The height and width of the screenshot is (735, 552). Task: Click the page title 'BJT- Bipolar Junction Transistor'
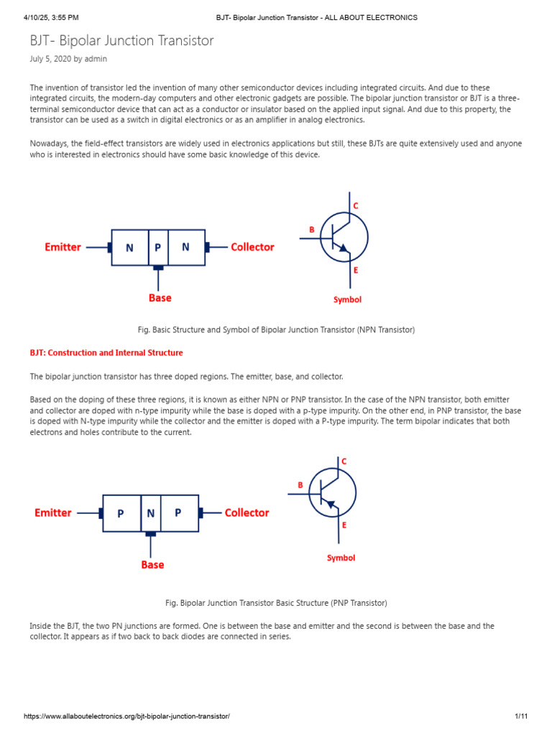click(x=121, y=41)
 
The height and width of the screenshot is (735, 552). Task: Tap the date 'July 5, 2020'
click(x=50, y=59)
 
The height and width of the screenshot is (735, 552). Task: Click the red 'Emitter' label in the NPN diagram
click(x=63, y=247)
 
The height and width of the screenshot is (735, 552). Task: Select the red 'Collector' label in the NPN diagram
click(x=252, y=247)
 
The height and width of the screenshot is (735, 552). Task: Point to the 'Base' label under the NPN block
click(x=160, y=297)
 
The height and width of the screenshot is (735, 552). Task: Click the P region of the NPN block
click(x=157, y=248)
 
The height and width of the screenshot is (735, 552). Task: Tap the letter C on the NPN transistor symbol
click(x=355, y=206)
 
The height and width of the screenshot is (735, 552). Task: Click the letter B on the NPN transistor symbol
click(x=312, y=230)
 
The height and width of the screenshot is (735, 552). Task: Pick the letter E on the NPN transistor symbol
click(x=356, y=271)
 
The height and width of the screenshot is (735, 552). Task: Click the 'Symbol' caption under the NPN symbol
click(x=347, y=300)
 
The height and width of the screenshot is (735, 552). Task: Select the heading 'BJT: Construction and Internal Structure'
click(x=106, y=353)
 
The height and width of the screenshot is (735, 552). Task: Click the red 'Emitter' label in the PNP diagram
click(x=53, y=513)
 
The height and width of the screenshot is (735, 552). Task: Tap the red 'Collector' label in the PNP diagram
click(x=247, y=513)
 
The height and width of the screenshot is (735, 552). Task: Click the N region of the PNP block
click(x=151, y=514)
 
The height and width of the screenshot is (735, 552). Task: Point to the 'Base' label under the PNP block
click(x=152, y=565)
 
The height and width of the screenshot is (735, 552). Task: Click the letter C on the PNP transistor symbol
click(x=344, y=462)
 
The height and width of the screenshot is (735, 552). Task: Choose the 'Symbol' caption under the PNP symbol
click(x=341, y=558)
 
